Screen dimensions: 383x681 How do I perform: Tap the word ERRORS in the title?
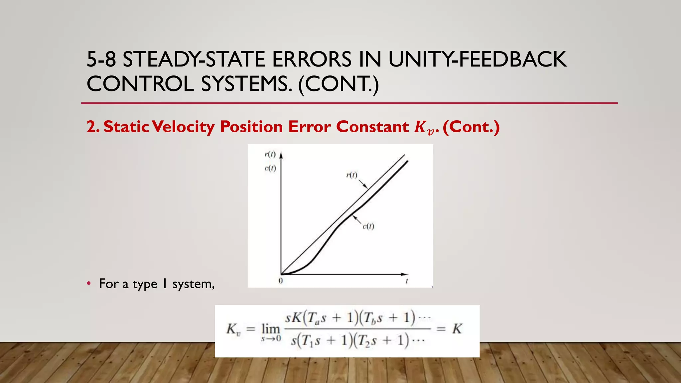(312, 60)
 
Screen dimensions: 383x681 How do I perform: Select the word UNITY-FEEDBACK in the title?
(477, 60)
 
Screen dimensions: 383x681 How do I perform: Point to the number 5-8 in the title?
(101, 60)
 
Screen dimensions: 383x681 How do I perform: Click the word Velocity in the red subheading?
(185, 127)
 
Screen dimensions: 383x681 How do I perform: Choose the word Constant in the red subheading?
(372, 127)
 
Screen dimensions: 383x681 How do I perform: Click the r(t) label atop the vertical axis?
(270, 154)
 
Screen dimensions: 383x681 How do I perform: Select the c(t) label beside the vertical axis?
(270, 168)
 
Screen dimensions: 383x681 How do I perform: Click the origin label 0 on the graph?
(281, 281)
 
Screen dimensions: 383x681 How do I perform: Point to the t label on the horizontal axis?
(407, 281)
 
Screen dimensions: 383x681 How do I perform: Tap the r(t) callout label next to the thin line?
(351, 175)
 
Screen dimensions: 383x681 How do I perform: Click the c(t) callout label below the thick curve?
(368, 226)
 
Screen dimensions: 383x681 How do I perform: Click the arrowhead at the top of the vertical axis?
(281, 155)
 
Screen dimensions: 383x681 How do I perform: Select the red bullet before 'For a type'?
(89, 284)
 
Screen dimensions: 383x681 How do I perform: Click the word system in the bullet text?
(193, 284)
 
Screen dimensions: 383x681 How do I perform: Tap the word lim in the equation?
(271, 329)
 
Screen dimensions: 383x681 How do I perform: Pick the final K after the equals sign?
(457, 329)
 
